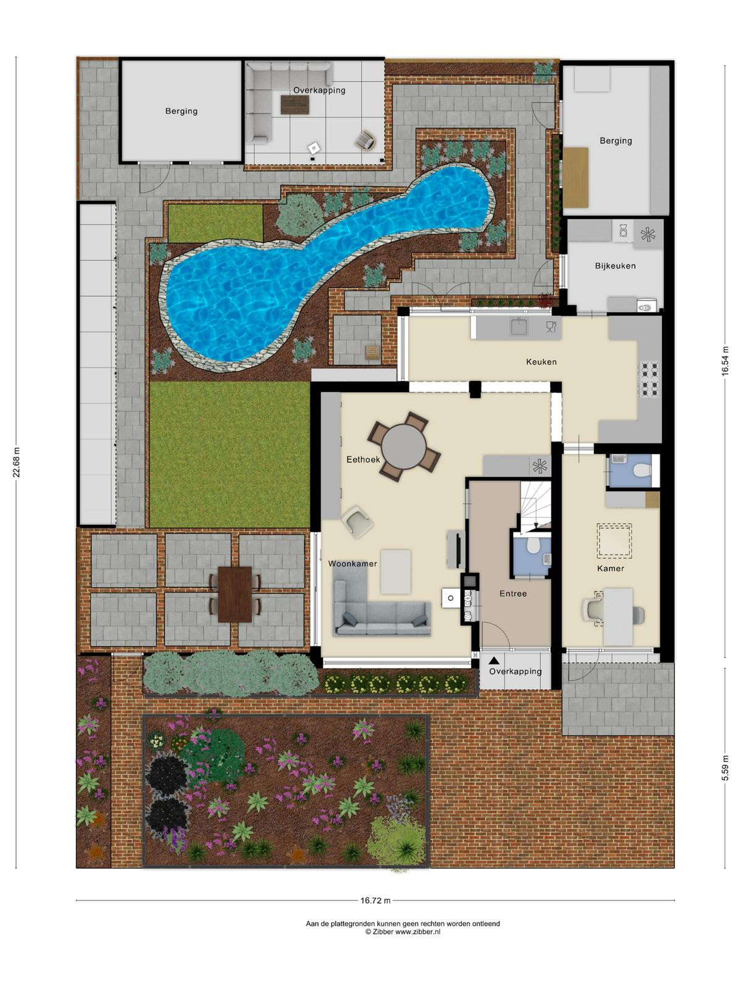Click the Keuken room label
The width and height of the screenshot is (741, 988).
541,361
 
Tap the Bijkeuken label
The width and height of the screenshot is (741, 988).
615,266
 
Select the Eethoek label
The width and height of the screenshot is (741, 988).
363,459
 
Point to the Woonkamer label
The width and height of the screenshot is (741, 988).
352,563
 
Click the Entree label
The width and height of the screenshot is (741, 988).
513,593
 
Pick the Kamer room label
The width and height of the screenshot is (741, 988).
610,568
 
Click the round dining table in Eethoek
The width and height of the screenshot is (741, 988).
404,447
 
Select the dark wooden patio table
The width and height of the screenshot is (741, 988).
235,594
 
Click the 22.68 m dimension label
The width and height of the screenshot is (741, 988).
17,463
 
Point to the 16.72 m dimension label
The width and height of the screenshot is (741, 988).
375,900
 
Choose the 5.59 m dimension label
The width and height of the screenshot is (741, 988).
725,768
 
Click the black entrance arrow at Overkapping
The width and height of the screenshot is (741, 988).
494,660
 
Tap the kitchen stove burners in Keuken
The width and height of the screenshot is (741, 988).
649,380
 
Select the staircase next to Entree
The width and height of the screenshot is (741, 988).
535,506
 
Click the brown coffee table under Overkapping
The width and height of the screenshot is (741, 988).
295,104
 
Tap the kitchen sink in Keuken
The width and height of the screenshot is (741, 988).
519,327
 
